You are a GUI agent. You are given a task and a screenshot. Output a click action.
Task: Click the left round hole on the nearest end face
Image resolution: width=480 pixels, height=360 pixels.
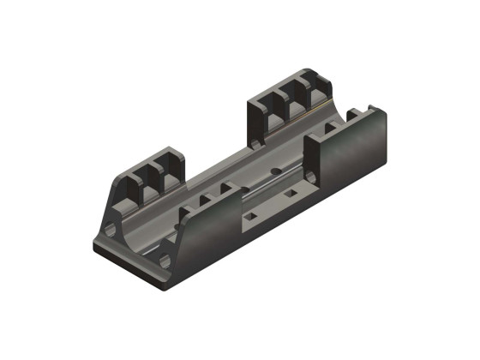(111, 231)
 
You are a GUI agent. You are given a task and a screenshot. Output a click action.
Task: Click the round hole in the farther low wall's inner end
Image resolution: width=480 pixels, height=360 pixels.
(313, 176)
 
